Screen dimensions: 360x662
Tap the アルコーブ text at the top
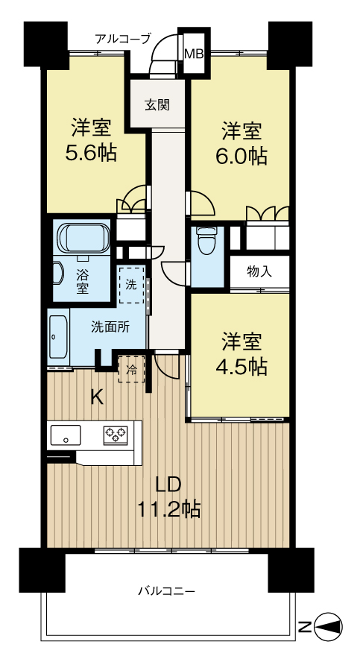(x=123, y=40)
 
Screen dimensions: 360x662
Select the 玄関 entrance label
(x=157, y=104)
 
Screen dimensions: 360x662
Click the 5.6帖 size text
(x=91, y=153)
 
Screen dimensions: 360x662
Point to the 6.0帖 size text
(x=241, y=156)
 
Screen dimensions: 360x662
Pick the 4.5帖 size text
(x=241, y=367)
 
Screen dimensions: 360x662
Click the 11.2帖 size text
(x=168, y=509)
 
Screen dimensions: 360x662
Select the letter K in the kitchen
(x=98, y=397)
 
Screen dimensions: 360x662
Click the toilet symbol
(x=206, y=242)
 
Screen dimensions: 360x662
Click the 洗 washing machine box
(x=131, y=284)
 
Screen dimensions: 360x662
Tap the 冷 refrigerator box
(x=132, y=370)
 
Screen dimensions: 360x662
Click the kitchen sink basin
(x=66, y=435)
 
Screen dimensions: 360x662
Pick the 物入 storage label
(x=259, y=272)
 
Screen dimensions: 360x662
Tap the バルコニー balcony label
(x=167, y=590)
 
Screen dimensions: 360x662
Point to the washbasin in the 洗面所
(x=58, y=337)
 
